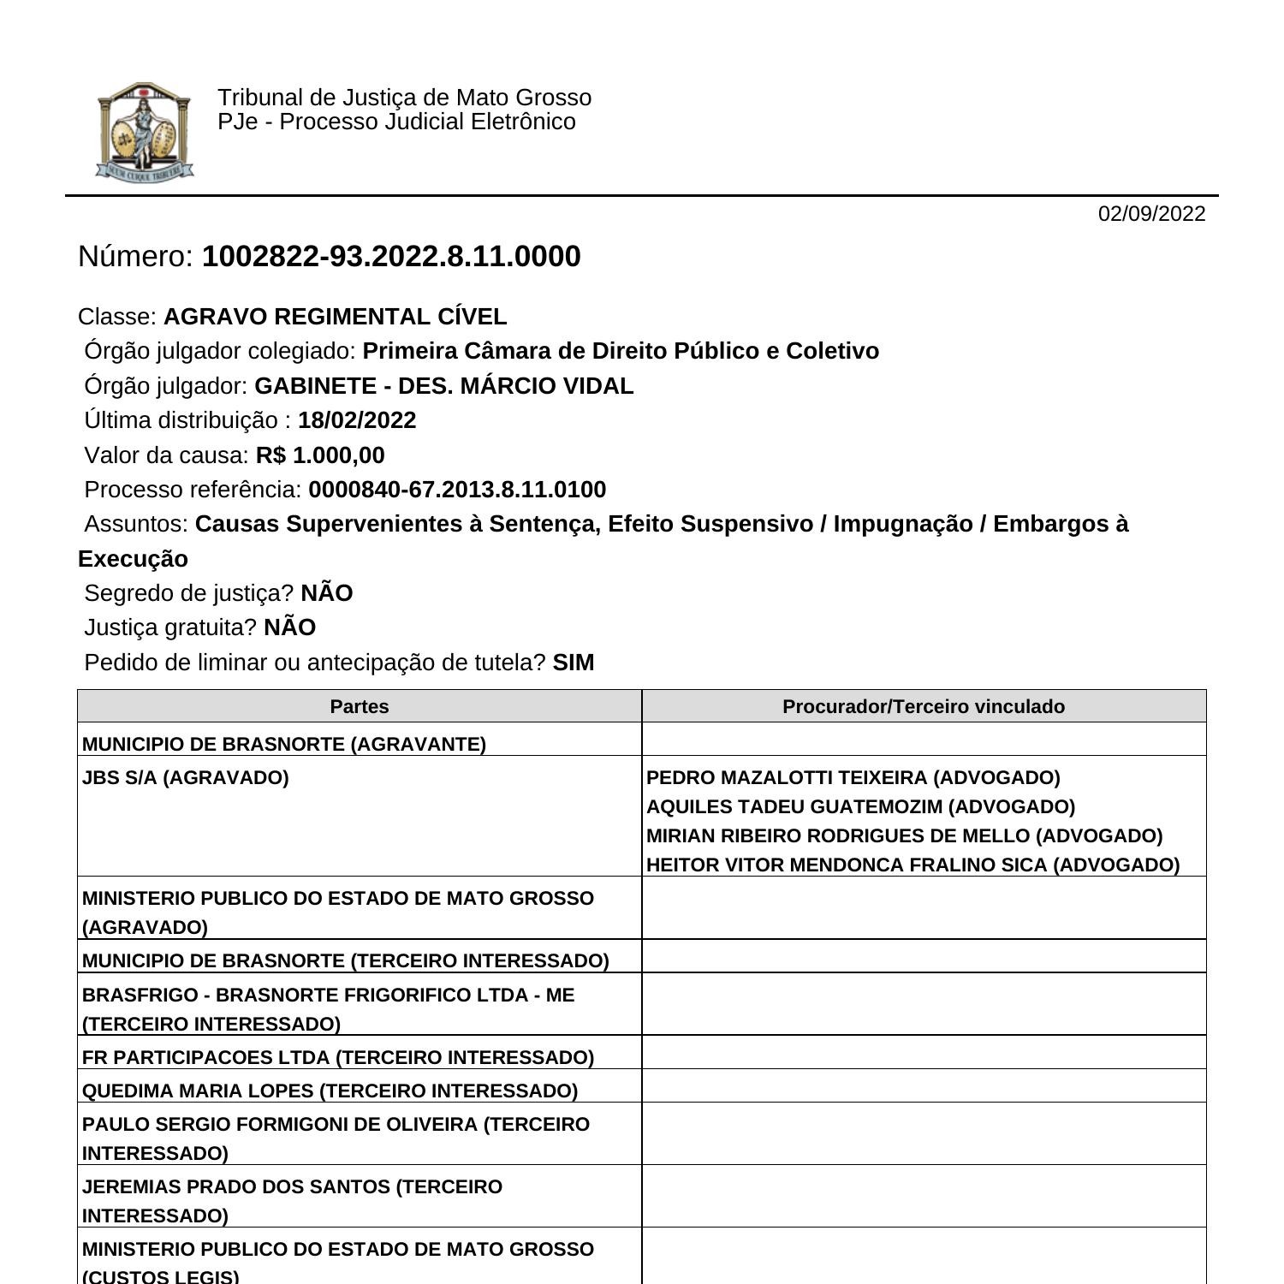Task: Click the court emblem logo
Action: coord(144,131)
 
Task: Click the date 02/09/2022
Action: coord(1151,214)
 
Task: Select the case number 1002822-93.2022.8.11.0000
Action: coord(390,257)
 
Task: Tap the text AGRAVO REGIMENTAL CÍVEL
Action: coord(335,317)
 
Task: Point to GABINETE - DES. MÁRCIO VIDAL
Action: coord(443,386)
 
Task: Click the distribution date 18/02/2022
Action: coord(357,420)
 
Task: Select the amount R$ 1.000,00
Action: coord(320,455)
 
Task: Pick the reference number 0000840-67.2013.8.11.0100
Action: coord(457,490)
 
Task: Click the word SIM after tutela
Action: coord(574,663)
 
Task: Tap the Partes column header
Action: coord(360,706)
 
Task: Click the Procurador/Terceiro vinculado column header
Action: coord(924,706)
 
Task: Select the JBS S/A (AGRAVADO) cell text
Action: coord(186,777)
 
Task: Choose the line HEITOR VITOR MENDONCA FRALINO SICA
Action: coord(912,865)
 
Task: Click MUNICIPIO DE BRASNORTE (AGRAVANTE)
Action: coord(284,744)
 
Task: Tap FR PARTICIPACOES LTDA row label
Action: coord(338,1057)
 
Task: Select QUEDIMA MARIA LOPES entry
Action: coord(330,1091)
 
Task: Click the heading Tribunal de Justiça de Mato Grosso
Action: coord(404,98)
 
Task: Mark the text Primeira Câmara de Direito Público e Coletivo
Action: coord(621,351)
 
